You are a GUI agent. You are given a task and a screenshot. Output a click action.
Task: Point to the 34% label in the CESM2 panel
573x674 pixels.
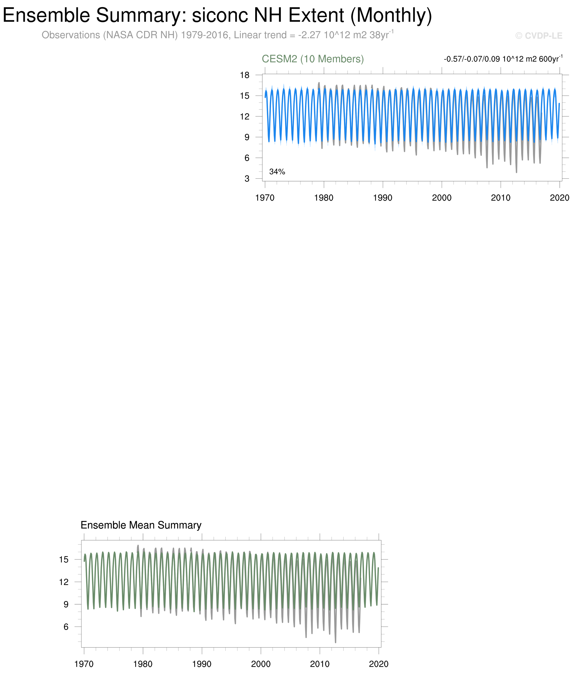(x=277, y=172)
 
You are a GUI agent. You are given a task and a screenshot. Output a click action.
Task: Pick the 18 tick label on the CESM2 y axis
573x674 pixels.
(x=245, y=75)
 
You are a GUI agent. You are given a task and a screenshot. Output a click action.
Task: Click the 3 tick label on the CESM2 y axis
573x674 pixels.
(x=247, y=179)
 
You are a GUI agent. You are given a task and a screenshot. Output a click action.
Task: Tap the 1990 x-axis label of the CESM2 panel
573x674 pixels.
(x=383, y=198)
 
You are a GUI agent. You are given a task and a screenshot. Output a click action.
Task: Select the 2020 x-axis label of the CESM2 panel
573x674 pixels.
(x=559, y=198)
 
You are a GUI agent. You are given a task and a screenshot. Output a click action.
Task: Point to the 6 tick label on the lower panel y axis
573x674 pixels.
(x=66, y=627)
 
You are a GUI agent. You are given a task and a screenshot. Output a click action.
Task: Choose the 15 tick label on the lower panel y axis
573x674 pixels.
(x=64, y=559)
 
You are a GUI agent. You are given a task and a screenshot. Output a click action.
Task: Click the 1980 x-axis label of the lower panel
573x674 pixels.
(x=143, y=664)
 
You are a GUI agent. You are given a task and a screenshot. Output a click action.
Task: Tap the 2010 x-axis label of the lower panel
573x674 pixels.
(x=320, y=664)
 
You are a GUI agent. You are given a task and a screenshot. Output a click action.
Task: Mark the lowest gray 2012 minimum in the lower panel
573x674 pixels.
(x=336, y=642)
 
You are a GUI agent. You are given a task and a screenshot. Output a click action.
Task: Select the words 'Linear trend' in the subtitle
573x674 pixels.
(x=260, y=35)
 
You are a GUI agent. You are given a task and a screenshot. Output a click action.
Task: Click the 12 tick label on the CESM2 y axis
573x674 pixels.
(x=245, y=116)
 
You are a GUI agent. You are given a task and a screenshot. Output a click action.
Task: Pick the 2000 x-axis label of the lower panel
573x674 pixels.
(x=261, y=664)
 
